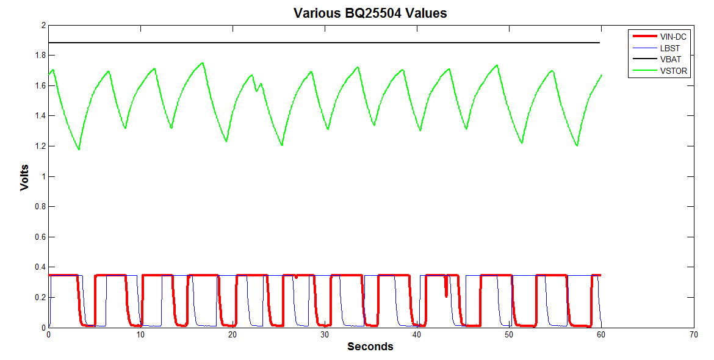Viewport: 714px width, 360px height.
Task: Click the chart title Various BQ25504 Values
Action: pos(370,13)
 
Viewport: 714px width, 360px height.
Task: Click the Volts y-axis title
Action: pos(24,177)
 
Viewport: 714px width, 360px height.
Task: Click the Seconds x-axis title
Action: pos(370,347)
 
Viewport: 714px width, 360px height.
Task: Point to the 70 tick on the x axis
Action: pos(693,334)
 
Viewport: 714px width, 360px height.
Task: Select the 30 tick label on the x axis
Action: pos(325,334)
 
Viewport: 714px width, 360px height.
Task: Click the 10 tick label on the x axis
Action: pos(140,334)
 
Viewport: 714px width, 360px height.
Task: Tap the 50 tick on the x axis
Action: pos(509,334)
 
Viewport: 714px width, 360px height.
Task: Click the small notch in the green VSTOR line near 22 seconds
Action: pos(256,90)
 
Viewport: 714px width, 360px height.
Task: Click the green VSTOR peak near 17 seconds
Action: pos(203,63)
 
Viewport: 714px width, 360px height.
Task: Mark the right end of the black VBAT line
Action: pos(600,43)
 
